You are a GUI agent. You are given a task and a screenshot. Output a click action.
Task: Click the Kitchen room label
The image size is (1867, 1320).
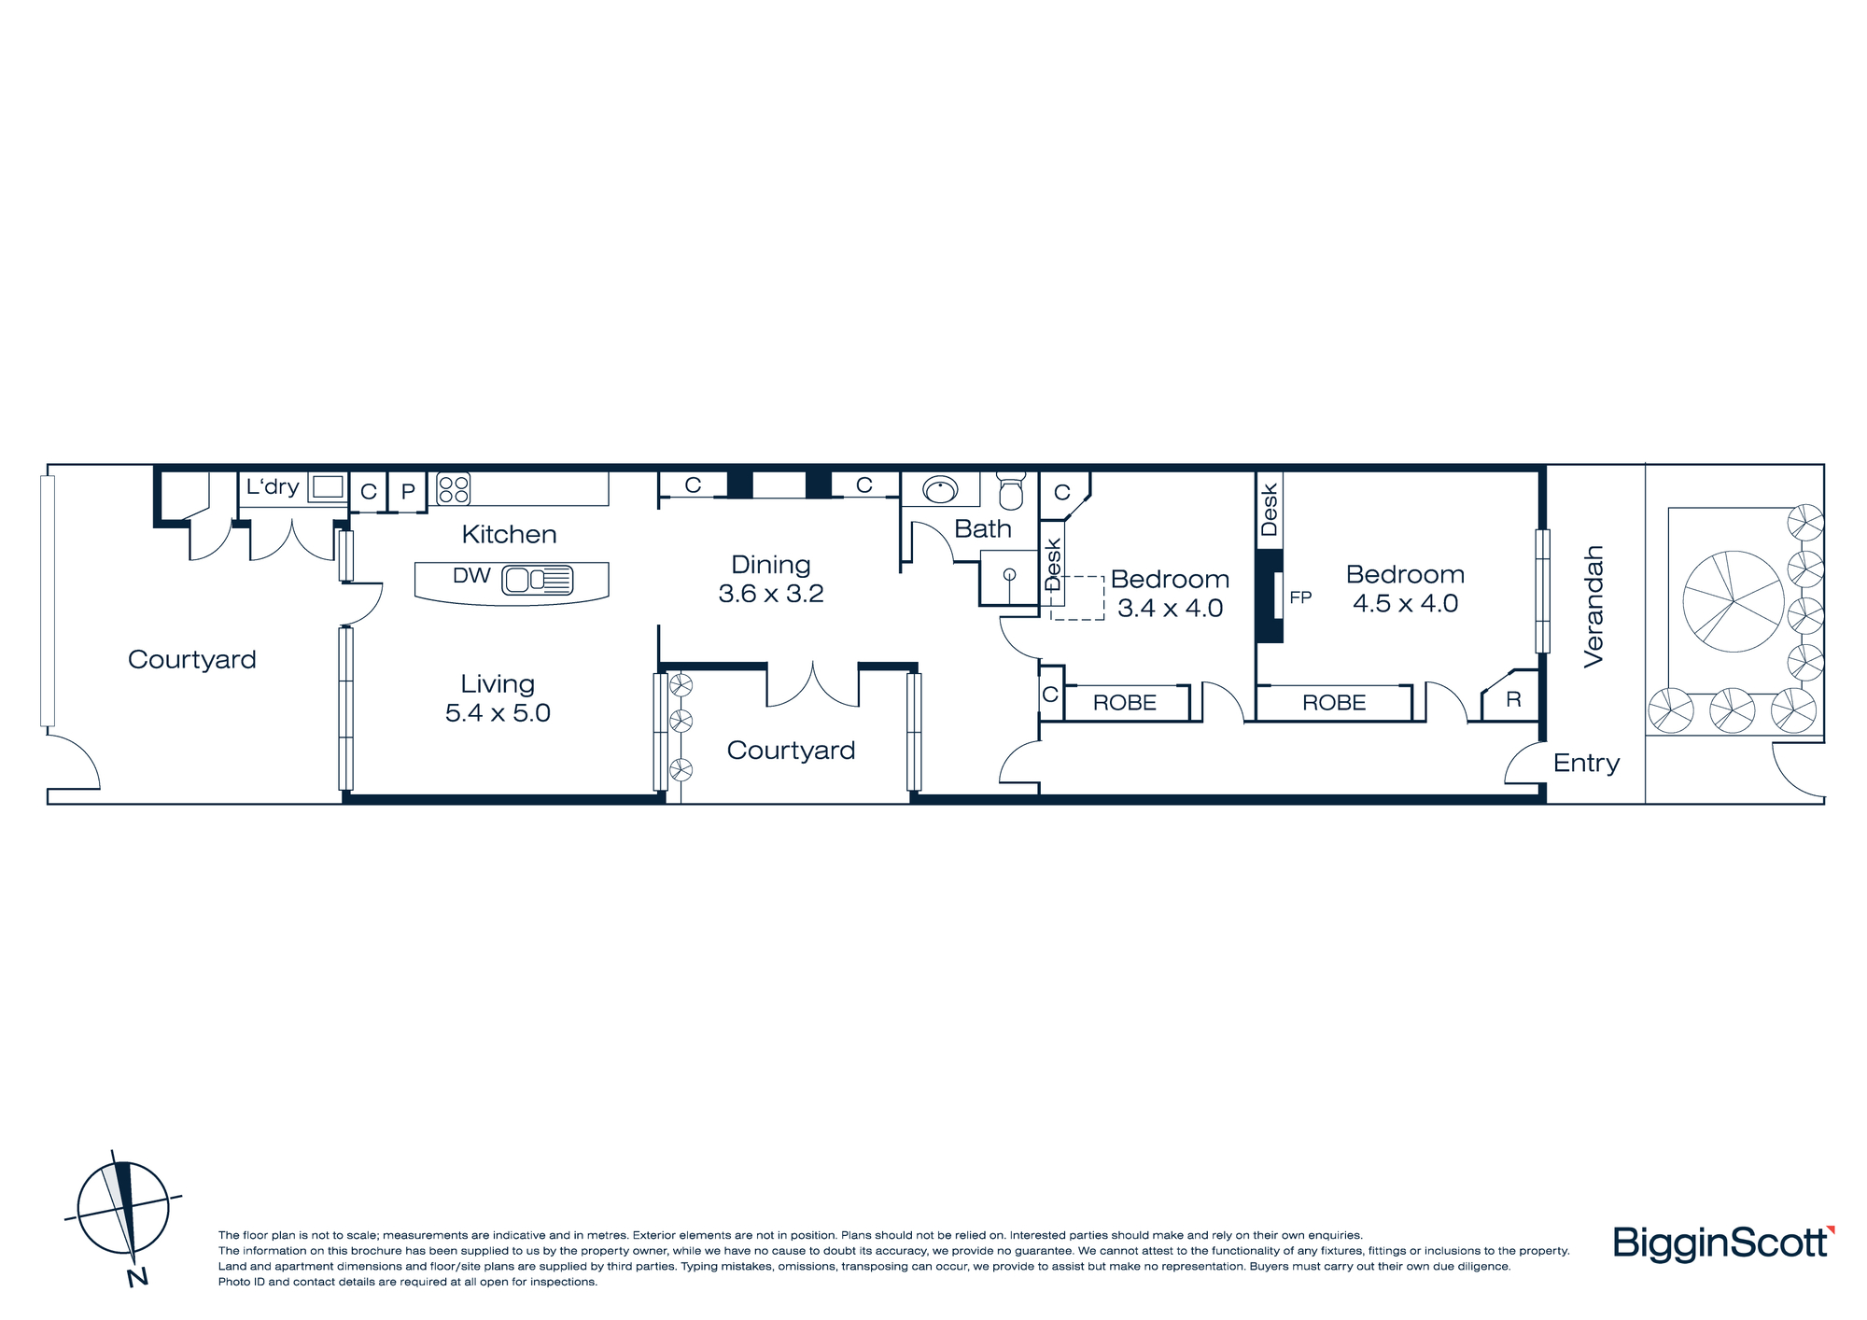(509, 534)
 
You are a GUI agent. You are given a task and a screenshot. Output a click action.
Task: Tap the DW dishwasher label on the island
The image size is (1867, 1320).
(471, 576)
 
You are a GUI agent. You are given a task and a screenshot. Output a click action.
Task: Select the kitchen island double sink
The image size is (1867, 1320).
(538, 580)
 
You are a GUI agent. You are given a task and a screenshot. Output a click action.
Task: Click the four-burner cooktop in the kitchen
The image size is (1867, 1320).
(454, 489)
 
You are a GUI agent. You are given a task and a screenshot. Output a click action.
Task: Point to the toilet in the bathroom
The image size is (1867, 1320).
(1011, 489)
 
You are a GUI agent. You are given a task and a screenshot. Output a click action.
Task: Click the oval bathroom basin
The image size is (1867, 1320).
(940, 489)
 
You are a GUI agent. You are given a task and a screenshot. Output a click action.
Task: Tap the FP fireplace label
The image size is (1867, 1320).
(1300, 597)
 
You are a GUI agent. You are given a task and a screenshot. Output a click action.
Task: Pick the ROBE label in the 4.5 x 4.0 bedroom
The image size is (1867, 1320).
(1334, 703)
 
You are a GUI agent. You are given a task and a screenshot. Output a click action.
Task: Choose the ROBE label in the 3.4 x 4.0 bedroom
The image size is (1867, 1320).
(1125, 703)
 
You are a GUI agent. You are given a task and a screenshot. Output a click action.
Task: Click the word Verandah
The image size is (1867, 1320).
(1593, 607)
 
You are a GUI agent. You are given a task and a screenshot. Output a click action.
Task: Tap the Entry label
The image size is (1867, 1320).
(1586, 764)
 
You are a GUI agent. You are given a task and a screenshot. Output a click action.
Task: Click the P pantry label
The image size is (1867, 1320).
(408, 492)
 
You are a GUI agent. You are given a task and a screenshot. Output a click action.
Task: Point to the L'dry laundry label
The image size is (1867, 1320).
(273, 486)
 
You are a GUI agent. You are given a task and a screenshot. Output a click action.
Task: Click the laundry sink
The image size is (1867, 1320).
(328, 487)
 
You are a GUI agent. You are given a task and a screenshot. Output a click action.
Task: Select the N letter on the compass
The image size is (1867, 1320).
(137, 1277)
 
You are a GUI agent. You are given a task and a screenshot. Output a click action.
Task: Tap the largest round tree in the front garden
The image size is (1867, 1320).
(1734, 602)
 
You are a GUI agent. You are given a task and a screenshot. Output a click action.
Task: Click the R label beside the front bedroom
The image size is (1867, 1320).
(1513, 699)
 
